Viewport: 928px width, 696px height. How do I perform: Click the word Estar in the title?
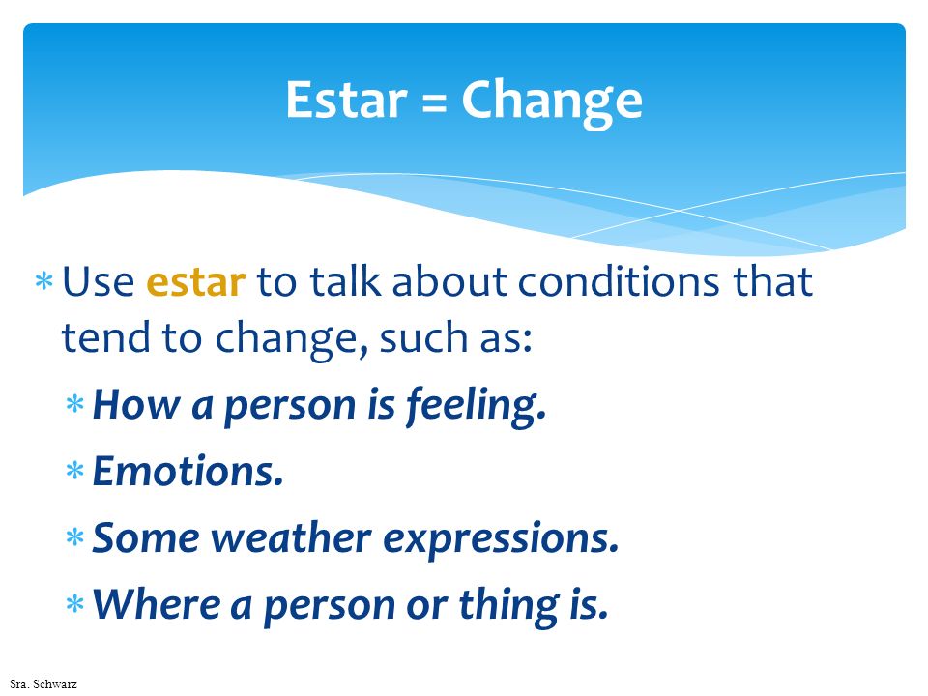click(347, 100)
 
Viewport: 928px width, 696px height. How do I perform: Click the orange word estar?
click(195, 282)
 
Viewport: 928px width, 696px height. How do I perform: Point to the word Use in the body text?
click(99, 281)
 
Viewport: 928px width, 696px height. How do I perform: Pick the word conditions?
click(619, 281)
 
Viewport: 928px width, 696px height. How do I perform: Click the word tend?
click(105, 338)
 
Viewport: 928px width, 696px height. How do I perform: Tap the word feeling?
click(476, 406)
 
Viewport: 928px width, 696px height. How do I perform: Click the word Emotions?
click(188, 472)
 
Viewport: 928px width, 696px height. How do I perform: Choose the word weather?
click(291, 538)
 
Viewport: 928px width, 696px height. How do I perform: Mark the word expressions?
click(502, 540)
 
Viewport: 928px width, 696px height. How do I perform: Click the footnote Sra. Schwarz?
click(43, 684)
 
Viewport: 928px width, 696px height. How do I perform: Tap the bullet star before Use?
click(44, 280)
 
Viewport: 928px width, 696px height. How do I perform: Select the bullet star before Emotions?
click(75, 471)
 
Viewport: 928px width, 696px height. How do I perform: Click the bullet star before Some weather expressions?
click(75, 537)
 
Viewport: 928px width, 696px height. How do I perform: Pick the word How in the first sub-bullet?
click(136, 405)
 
